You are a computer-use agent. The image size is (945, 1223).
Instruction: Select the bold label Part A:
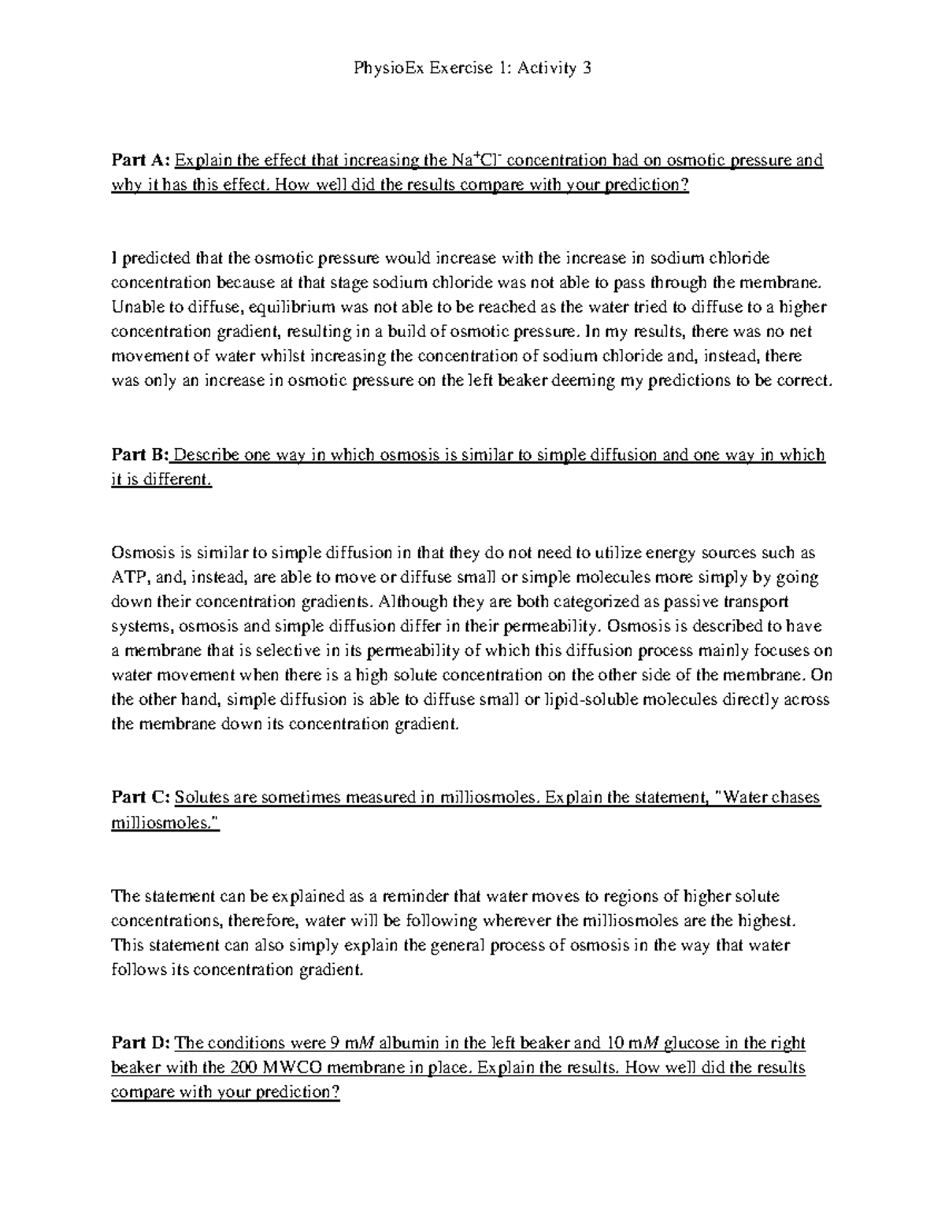coord(140,161)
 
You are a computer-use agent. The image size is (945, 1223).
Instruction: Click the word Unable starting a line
coord(135,306)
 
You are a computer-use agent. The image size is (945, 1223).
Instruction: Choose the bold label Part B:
coord(140,455)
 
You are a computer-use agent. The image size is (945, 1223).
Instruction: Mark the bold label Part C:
coord(140,798)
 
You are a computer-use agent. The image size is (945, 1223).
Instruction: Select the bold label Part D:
coord(140,1043)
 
